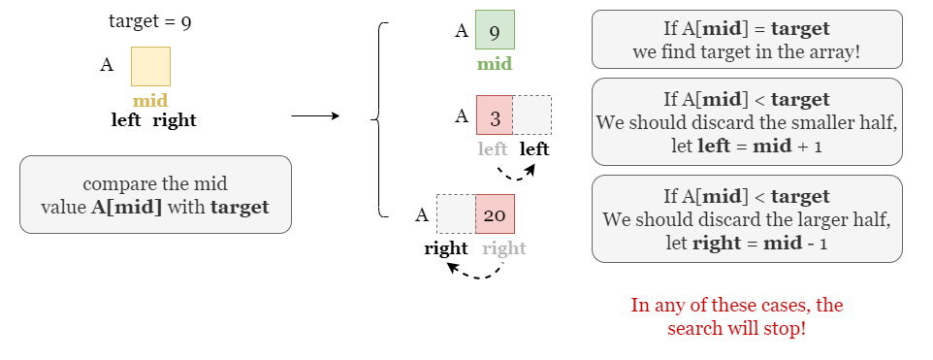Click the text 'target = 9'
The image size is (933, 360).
tap(149, 21)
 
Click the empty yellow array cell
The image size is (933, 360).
tap(150, 66)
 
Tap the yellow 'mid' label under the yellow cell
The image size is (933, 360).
tap(150, 101)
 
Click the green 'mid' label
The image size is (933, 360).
tap(495, 65)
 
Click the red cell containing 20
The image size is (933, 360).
tap(495, 213)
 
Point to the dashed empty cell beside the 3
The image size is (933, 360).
tap(531, 115)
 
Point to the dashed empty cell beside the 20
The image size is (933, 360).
tap(456, 213)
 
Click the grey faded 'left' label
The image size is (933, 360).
tap(493, 148)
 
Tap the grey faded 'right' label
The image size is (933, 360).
tap(504, 248)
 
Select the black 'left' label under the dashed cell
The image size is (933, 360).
tap(534, 148)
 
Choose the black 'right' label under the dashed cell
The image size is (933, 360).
tap(446, 248)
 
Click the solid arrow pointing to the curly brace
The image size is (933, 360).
tap(315, 116)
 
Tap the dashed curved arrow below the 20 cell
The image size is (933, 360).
tap(475, 272)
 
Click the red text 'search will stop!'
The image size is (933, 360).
tap(736, 328)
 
